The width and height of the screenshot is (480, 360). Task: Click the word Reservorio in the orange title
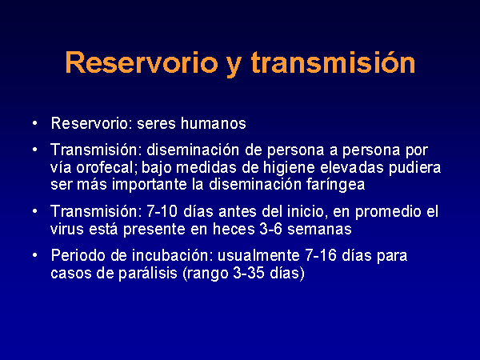click(142, 62)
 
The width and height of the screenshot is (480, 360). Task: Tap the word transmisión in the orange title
click(333, 62)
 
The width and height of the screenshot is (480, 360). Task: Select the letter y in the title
click(234, 66)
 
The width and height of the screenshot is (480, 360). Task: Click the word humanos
click(213, 123)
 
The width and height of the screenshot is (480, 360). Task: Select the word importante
click(150, 185)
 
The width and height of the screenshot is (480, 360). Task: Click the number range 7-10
click(162, 211)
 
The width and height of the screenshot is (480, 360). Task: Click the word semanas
click(319, 230)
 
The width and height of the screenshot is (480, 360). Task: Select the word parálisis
click(148, 274)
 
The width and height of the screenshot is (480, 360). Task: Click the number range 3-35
click(249, 273)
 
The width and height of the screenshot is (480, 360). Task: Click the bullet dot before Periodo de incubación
click(35, 255)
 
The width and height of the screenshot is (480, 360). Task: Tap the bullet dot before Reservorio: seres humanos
click(35, 123)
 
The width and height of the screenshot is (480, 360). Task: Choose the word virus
click(67, 229)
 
